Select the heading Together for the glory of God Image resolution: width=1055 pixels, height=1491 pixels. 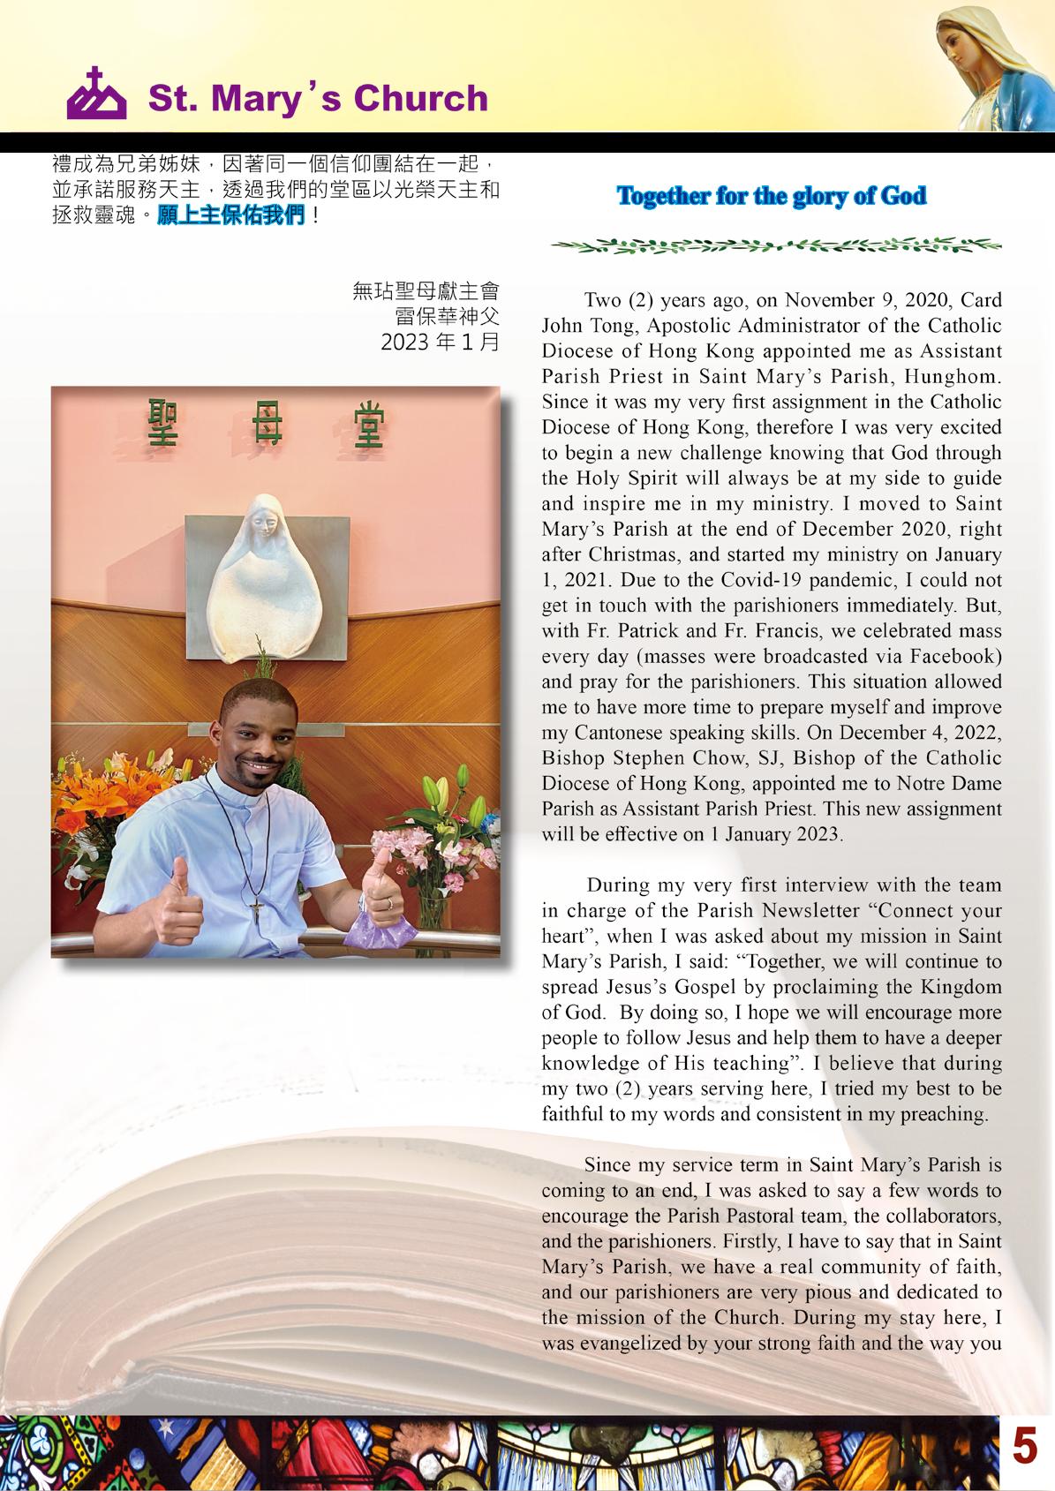[772, 196]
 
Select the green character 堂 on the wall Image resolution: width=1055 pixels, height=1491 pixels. [369, 425]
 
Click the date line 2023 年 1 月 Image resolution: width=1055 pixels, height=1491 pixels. [440, 342]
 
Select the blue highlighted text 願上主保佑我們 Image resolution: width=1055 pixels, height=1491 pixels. [231, 215]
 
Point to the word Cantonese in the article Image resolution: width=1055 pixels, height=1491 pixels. [620, 733]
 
